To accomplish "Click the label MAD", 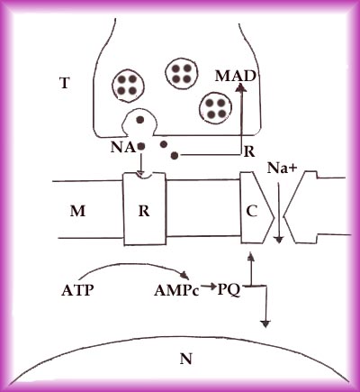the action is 236,77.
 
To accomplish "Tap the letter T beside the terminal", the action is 65,83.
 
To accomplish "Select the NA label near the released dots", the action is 122,147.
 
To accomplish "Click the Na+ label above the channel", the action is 282,169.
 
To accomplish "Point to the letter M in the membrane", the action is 77,211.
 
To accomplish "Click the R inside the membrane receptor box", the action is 144,211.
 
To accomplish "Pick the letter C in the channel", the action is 252,212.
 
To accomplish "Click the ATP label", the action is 77,290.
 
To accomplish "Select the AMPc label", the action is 176,291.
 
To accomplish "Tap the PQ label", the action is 229,291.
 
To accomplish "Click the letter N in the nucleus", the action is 186,359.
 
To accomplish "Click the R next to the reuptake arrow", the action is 249,152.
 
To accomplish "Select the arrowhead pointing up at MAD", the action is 241,87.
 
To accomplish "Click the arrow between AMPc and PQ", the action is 209,287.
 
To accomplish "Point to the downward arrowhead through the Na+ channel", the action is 279,240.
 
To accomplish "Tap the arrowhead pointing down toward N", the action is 265,324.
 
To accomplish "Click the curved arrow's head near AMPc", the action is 185,275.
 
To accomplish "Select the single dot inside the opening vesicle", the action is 139,120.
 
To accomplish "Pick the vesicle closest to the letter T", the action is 128,85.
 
